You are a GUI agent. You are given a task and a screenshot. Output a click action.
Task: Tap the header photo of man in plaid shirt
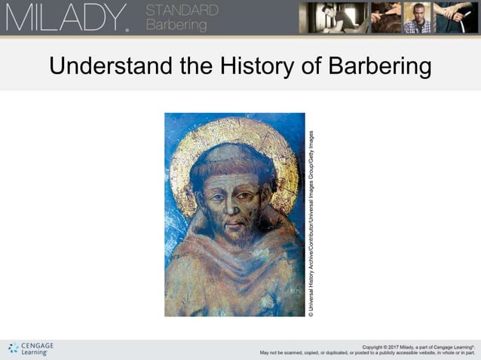click(x=418, y=17)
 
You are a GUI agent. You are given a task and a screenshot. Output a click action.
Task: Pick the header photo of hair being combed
click(x=384, y=17)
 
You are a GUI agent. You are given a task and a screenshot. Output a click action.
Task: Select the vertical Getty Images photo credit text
click(x=311, y=223)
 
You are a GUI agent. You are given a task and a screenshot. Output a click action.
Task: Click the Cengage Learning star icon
click(x=13, y=348)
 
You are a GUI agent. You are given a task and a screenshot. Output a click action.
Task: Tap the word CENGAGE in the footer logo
click(x=37, y=345)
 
